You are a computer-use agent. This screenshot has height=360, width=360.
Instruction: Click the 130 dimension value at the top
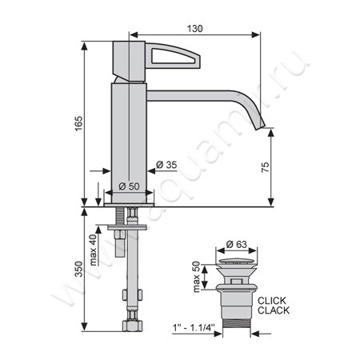[194, 29]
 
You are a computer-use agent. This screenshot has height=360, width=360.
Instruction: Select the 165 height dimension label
[79, 123]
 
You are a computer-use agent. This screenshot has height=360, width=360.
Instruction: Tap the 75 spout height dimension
[266, 167]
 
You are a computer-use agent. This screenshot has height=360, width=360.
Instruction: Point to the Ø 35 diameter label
[166, 165]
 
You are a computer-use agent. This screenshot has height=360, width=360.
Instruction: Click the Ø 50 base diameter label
[129, 186]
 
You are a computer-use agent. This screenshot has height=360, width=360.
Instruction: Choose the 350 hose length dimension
[79, 269]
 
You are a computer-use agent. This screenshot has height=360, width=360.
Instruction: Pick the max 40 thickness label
[94, 250]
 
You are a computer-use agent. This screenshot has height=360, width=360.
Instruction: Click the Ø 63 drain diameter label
[237, 244]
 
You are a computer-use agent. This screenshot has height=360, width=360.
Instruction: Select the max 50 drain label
[196, 277]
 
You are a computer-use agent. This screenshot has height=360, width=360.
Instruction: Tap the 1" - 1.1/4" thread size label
[194, 328]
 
